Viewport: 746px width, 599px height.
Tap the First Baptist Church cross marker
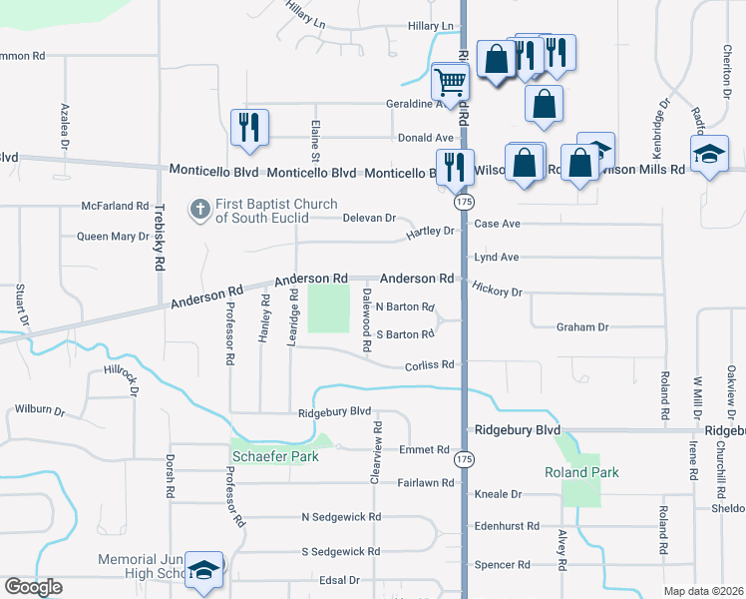tap(198, 209)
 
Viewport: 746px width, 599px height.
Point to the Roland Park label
tap(581, 472)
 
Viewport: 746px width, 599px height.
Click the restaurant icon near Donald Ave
tap(248, 127)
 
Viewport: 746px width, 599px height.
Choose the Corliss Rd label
tap(429, 365)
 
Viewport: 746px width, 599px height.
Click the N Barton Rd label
tap(405, 307)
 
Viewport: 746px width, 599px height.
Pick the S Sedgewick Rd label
tap(341, 551)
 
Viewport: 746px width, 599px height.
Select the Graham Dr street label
tap(582, 326)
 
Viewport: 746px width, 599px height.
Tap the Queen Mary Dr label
tap(113, 237)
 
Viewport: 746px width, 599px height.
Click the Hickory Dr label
tap(499, 292)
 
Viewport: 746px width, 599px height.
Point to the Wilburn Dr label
tap(39, 410)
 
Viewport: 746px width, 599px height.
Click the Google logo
tap(33, 587)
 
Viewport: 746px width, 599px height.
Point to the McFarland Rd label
tap(116, 206)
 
